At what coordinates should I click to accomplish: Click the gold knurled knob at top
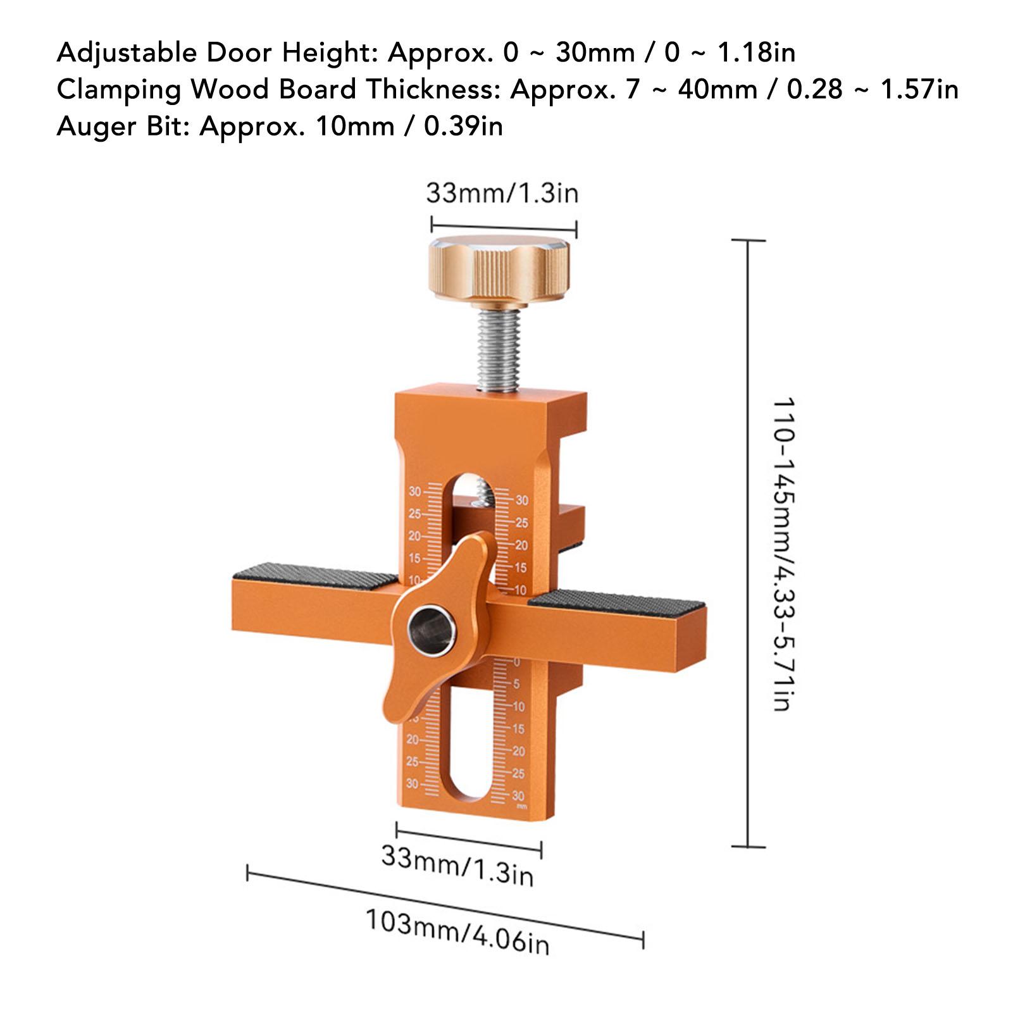click(x=502, y=268)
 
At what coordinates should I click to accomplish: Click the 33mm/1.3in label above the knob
click(x=502, y=193)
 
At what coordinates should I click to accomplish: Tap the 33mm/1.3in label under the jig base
click(x=457, y=866)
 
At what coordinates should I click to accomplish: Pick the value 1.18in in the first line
click(x=755, y=52)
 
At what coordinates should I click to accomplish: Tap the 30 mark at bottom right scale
click(x=518, y=795)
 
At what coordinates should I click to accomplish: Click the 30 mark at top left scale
click(x=415, y=492)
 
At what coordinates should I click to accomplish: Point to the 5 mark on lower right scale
click(x=516, y=684)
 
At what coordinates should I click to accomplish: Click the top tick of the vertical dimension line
click(x=748, y=240)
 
